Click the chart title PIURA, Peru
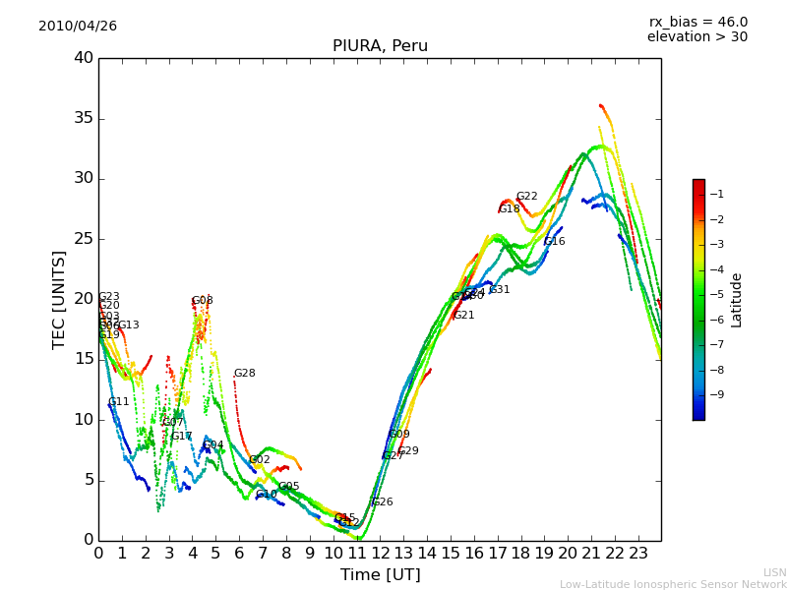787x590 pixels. tap(380, 46)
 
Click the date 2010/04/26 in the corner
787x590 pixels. tap(78, 26)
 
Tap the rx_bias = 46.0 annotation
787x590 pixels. tap(697, 22)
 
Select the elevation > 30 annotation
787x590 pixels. tap(696, 37)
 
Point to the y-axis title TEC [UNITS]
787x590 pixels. tap(59, 299)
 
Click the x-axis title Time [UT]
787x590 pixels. tap(380, 575)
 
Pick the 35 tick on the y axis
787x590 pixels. tap(84, 118)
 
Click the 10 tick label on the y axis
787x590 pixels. tap(84, 420)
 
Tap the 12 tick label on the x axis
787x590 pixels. tap(381, 553)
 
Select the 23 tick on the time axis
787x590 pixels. tap(638, 553)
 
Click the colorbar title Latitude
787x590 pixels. tap(737, 299)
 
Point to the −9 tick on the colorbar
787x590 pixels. tap(716, 394)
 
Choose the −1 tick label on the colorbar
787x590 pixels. tap(716, 194)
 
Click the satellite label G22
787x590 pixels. tap(526, 197)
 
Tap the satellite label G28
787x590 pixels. tap(244, 374)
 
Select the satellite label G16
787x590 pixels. tap(554, 241)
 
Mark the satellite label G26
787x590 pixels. tap(382, 502)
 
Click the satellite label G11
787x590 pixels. tap(118, 402)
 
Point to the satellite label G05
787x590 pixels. tap(288, 487)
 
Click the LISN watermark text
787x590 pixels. tap(774, 572)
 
